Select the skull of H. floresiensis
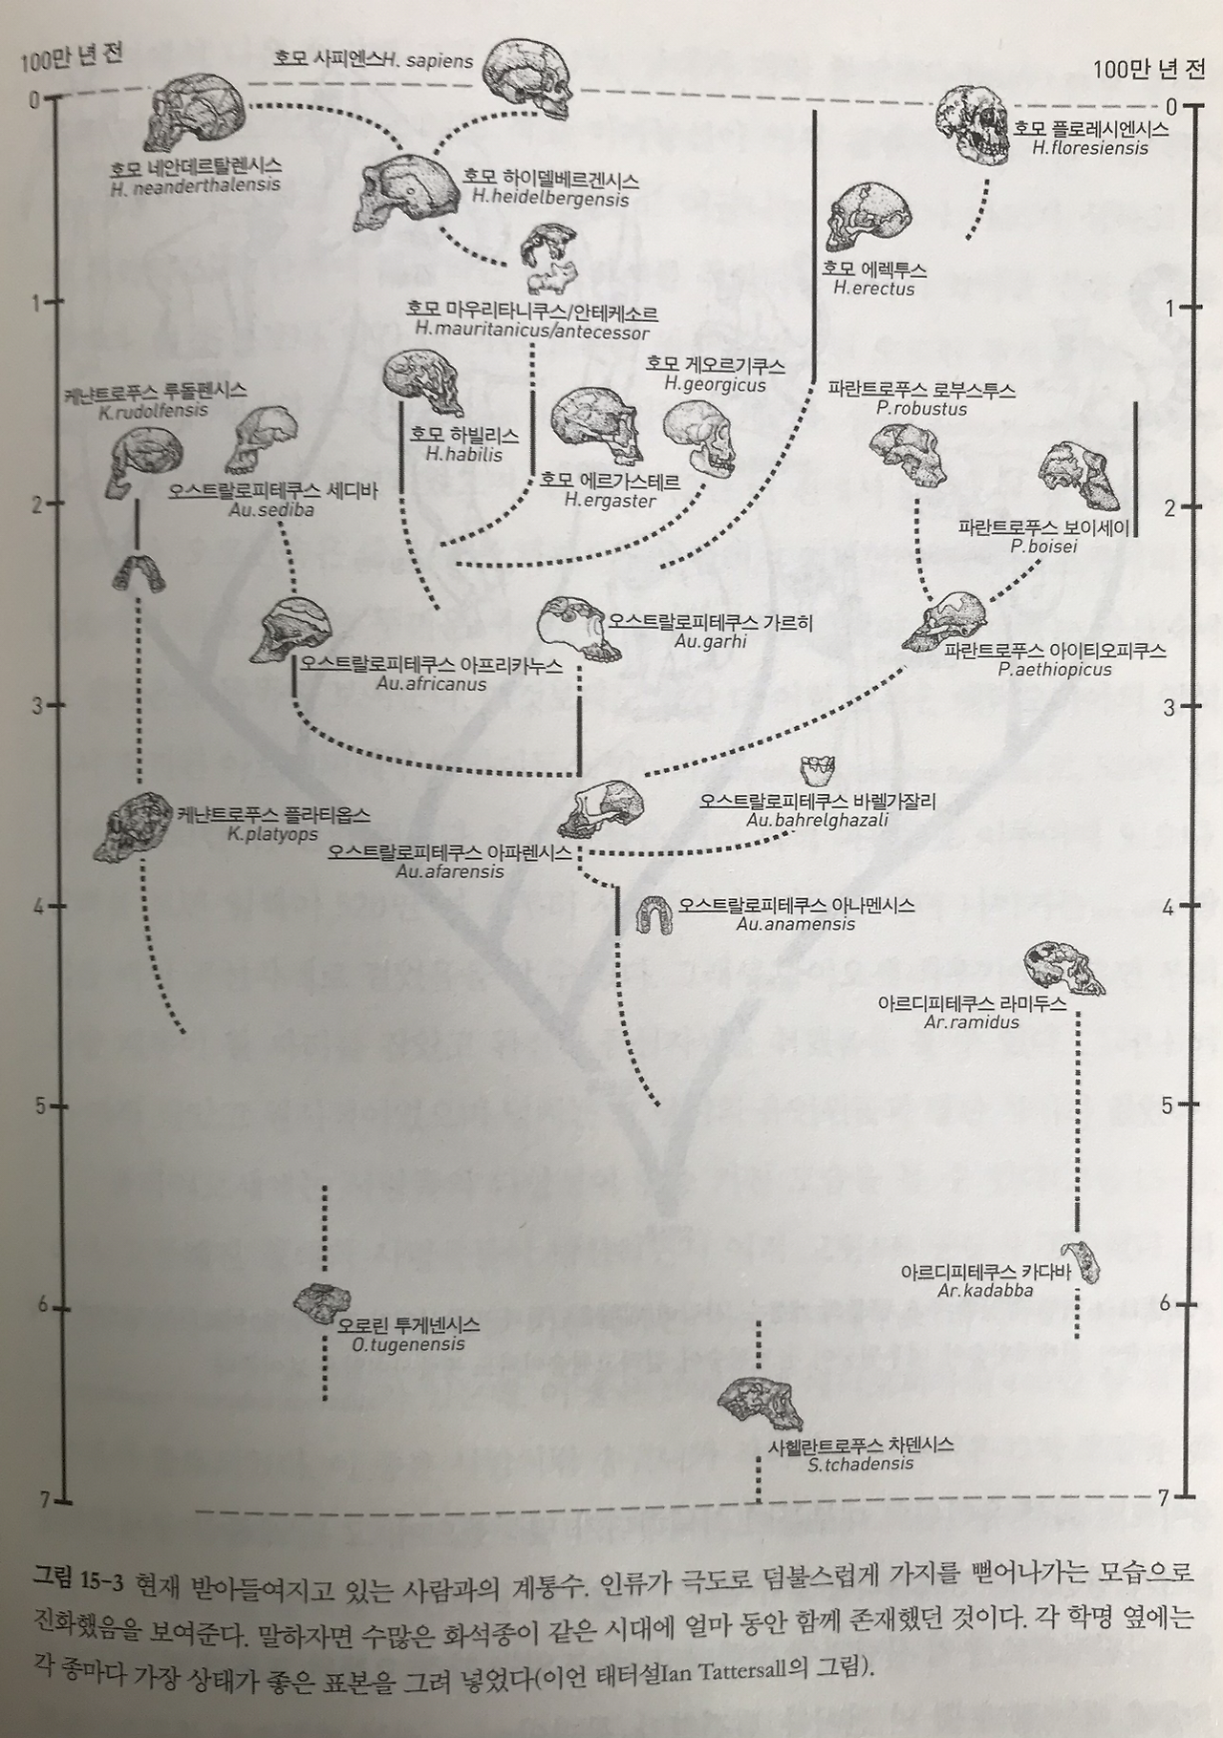[x=972, y=124]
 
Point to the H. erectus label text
[x=874, y=289]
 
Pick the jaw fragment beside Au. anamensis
[x=655, y=913]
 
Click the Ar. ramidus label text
[x=972, y=1022]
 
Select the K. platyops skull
[x=132, y=824]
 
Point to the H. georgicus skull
[x=697, y=435]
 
